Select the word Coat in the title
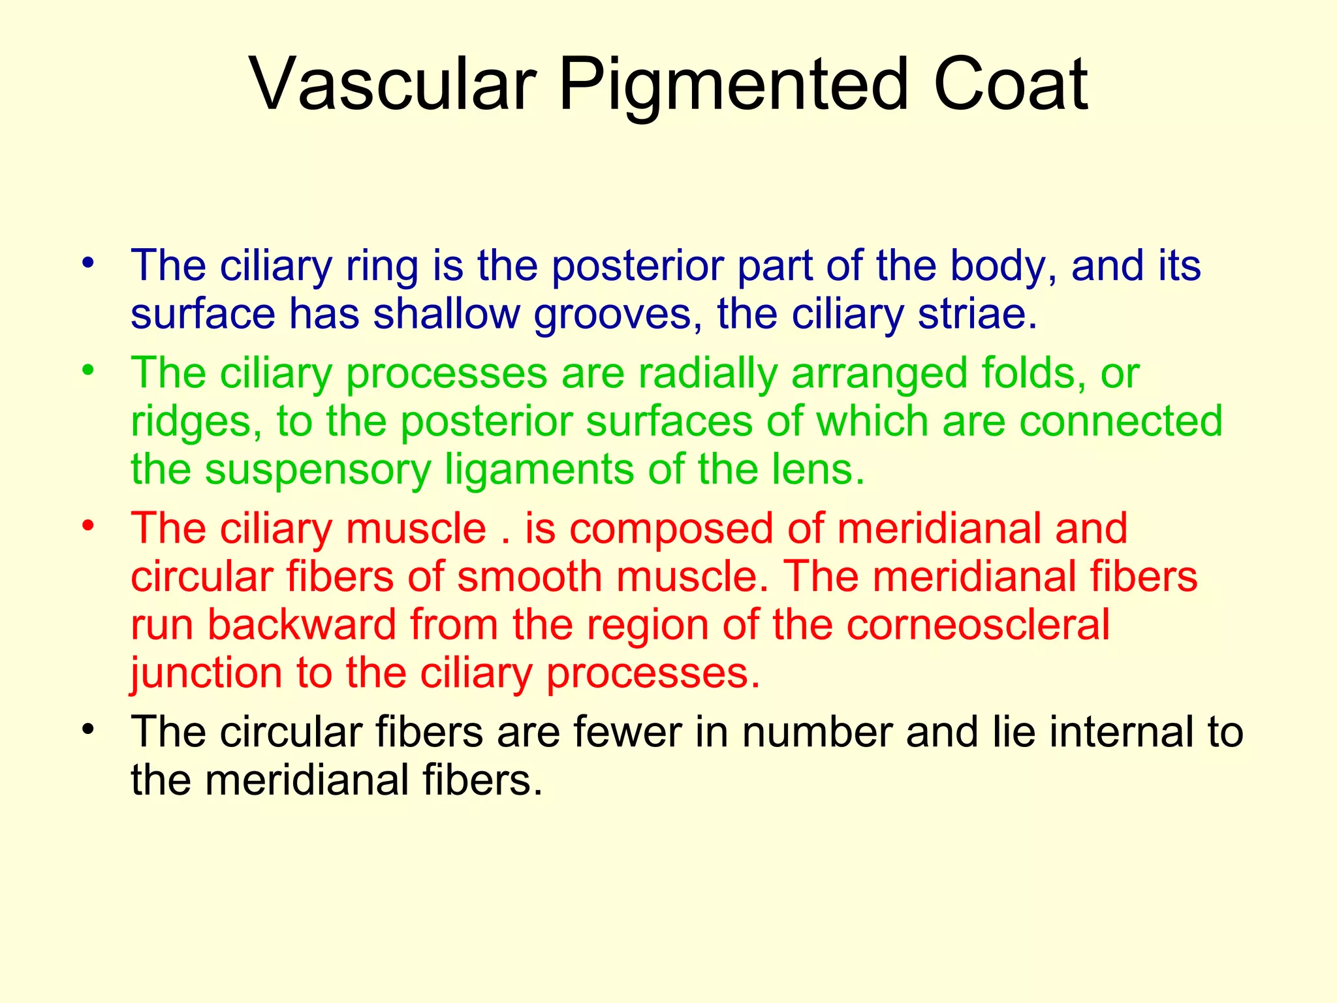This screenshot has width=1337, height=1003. coord(1010,85)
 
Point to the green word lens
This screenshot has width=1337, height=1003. coord(818,470)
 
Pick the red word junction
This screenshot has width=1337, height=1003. coord(206,674)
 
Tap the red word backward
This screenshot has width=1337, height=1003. coord(302,624)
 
